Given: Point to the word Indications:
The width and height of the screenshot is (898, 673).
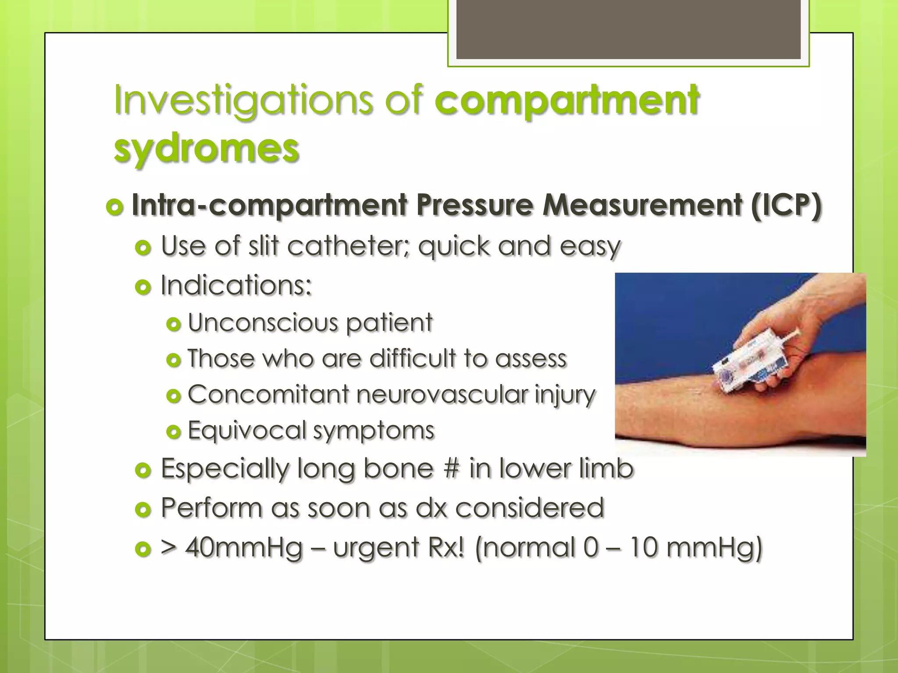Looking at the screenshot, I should pyautogui.click(x=236, y=286).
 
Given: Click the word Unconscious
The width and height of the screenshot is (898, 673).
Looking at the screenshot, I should pyautogui.click(x=263, y=323).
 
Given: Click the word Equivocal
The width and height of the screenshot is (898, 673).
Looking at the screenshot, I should pyautogui.click(x=247, y=430).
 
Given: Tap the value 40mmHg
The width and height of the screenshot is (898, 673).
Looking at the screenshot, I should pyautogui.click(x=244, y=548).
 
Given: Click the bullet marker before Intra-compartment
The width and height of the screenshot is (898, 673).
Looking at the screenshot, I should pyautogui.click(x=114, y=206).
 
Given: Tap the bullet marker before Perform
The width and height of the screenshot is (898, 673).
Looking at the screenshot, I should pyautogui.click(x=143, y=509).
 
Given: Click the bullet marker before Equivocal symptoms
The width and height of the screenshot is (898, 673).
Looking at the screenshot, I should pyautogui.click(x=174, y=432).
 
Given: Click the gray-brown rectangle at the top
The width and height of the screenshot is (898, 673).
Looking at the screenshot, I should pyautogui.click(x=628, y=30).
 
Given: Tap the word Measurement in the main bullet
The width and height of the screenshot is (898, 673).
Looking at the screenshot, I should pyautogui.click(x=642, y=205).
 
